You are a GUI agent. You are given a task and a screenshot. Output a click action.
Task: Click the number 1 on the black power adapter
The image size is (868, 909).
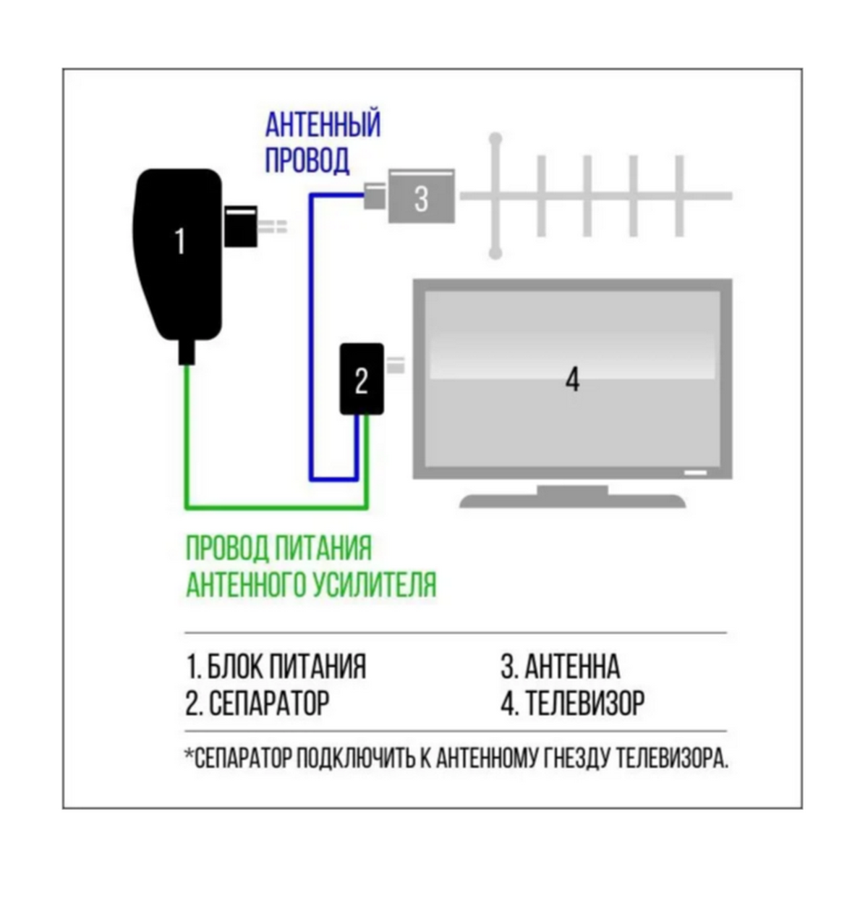click(x=179, y=241)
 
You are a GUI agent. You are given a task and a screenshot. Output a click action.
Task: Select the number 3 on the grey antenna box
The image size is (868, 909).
click(x=421, y=198)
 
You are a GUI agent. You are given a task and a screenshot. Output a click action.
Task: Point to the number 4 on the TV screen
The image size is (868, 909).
click(x=572, y=379)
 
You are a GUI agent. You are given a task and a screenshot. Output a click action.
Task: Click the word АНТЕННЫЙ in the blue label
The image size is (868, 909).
click(x=323, y=125)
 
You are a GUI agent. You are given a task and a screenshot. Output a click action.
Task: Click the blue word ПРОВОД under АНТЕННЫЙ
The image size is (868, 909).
click(x=307, y=160)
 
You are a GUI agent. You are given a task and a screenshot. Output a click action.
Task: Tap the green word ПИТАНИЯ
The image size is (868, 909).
click(x=323, y=548)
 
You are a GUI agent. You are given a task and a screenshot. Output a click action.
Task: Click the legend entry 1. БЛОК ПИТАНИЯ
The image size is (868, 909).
click(x=276, y=667)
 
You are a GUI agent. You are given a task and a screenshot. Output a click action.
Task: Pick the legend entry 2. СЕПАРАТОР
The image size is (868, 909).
click(x=257, y=702)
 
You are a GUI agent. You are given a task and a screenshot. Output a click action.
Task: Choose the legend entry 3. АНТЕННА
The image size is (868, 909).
click(x=560, y=667)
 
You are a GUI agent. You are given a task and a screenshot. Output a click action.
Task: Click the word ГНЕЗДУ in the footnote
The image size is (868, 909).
click(x=576, y=758)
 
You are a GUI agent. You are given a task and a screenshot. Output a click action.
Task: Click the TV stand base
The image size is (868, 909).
click(x=572, y=499)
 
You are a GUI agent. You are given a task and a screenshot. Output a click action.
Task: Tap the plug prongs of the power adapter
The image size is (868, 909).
click(x=273, y=227)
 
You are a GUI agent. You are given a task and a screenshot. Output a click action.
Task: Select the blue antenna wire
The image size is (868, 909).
click(x=310, y=326)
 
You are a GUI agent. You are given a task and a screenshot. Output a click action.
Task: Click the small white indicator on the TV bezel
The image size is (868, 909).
click(x=696, y=473)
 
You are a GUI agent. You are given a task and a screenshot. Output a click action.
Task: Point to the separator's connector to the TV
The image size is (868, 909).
click(x=395, y=365)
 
